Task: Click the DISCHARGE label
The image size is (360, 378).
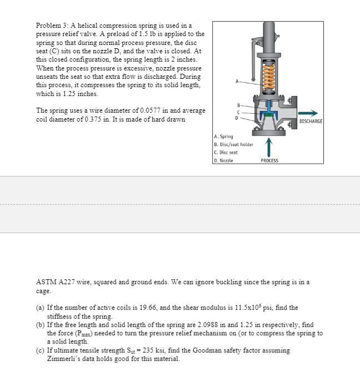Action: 310,121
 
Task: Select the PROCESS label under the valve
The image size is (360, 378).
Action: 269,160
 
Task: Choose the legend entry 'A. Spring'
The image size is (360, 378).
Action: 223,136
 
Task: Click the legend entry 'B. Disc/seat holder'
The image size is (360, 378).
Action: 234,144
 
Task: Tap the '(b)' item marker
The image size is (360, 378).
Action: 41,325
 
